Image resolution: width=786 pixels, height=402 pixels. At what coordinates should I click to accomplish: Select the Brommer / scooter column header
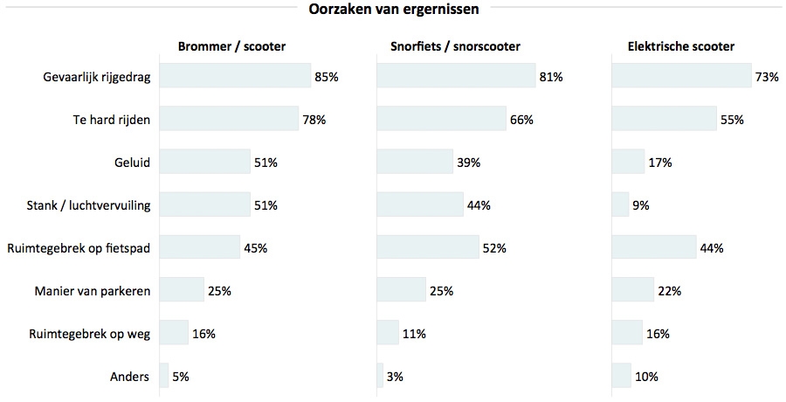click(231, 46)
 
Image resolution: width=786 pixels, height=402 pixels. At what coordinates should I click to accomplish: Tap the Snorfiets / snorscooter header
click(455, 46)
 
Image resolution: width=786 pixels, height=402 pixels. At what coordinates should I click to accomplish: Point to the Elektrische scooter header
click(681, 46)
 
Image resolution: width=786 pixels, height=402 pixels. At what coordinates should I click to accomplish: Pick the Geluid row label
click(133, 162)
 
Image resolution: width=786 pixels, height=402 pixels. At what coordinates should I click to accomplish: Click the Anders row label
click(130, 377)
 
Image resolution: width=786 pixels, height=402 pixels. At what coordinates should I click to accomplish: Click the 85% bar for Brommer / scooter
click(235, 77)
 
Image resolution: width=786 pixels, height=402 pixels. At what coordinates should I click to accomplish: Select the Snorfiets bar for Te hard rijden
click(441, 119)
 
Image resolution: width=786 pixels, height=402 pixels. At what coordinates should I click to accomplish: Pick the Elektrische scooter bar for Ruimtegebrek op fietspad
click(653, 247)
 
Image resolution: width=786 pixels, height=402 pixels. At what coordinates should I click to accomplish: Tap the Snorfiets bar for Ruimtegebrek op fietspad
click(427, 247)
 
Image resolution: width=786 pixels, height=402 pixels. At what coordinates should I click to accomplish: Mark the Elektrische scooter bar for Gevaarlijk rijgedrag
click(681, 77)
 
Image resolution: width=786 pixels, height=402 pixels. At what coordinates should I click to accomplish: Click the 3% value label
click(394, 377)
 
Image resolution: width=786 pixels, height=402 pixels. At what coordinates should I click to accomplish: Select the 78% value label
click(314, 119)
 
